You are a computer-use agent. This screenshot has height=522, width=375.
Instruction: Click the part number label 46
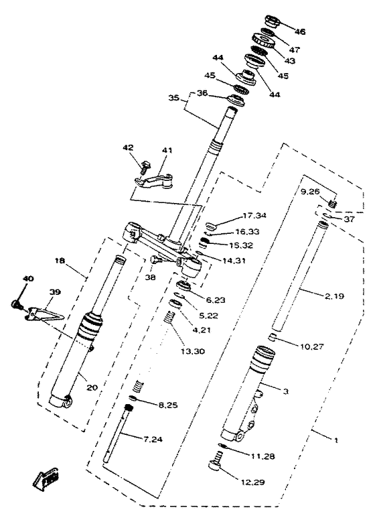pos(299,31)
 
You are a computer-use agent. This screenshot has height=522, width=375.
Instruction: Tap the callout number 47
pos(295,50)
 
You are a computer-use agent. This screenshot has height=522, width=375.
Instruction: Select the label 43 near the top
pos(289,61)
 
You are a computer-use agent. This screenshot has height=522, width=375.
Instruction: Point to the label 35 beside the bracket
pos(173,99)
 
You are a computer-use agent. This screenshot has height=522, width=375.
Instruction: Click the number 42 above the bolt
pos(128,147)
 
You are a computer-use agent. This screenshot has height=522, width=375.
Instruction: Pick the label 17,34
pos(254,216)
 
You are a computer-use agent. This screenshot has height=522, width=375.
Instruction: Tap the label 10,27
pos(311,346)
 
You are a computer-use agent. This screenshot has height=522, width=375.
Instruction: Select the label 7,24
pos(153,440)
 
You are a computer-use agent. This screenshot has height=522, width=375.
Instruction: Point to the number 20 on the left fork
pos(92,387)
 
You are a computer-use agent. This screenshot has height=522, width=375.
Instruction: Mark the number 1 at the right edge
pos(336,440)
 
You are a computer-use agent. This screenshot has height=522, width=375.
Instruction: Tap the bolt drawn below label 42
pos(145,167)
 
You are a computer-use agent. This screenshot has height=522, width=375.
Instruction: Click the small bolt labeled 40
pos(15,304)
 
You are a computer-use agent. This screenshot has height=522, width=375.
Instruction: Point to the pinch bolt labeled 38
pos(156,260)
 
